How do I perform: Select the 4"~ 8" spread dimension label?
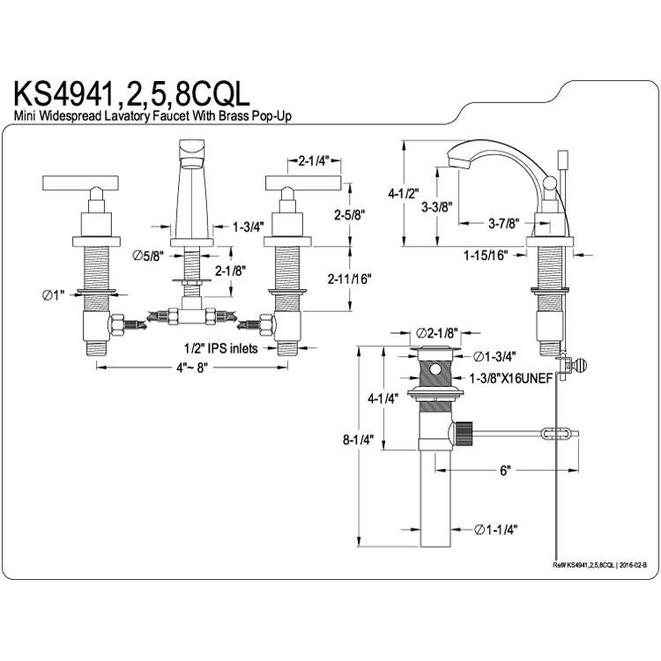(x=192, y=368)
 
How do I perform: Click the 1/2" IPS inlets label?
(x=220, y=348)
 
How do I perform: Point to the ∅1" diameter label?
(x=53, y=295)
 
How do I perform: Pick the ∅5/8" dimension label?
(x=147, y=256)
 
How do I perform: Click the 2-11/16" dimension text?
(x=350, y=279)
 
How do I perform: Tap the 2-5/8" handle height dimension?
(x=349, y=215)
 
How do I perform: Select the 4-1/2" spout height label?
(x=404, y=194)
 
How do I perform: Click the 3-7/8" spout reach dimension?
(x=503, y=223)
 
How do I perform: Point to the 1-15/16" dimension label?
(x=486, y=256)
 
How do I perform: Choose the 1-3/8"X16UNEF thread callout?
(x=511, y=379)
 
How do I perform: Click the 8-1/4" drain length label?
(x=359, y=440)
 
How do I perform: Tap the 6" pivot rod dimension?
(x=505, y=471)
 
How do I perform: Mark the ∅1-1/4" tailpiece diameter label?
(x=495, y=530)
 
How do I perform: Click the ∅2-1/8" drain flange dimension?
(x=437, y=333)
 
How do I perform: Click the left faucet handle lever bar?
(x=81, y=182)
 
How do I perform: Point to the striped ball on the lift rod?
(x=580, y=365)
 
